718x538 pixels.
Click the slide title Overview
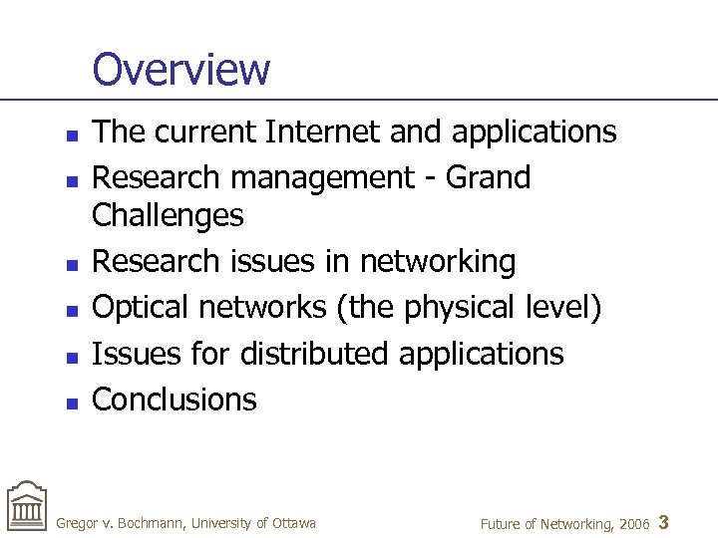(180, 69)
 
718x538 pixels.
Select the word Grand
(488, 177)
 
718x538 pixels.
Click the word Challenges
(168, 215)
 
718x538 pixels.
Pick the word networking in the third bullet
(438, 261)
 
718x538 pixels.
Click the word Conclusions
(175, 400)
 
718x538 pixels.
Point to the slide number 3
(665, 522)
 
